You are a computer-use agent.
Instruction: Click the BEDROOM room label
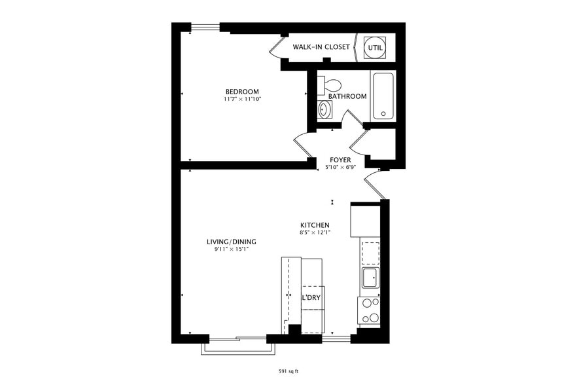[x=242, y=92]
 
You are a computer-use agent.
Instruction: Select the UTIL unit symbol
[x=376, y=47]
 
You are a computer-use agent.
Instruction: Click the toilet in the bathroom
[x=331, y=85]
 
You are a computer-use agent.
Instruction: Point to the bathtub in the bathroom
[x=383, y=96]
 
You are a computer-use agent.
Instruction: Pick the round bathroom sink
[x=324, y=109]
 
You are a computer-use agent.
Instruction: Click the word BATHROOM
[x=347, y=96]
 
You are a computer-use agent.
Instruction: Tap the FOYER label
[x=340, y=160]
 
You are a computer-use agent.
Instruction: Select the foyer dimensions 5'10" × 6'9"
[x=340, y=168]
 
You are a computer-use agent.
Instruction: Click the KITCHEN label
[x=315, y=225]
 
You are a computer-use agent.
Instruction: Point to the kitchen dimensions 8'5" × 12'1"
[x=315, y=232]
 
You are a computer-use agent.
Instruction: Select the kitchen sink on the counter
[x=370, y=278]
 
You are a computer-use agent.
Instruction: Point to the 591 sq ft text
[x=288, y=371]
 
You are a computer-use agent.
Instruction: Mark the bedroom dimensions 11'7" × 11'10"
[x=242, y=100]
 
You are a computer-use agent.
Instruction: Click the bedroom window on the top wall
[x=205, y=27]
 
